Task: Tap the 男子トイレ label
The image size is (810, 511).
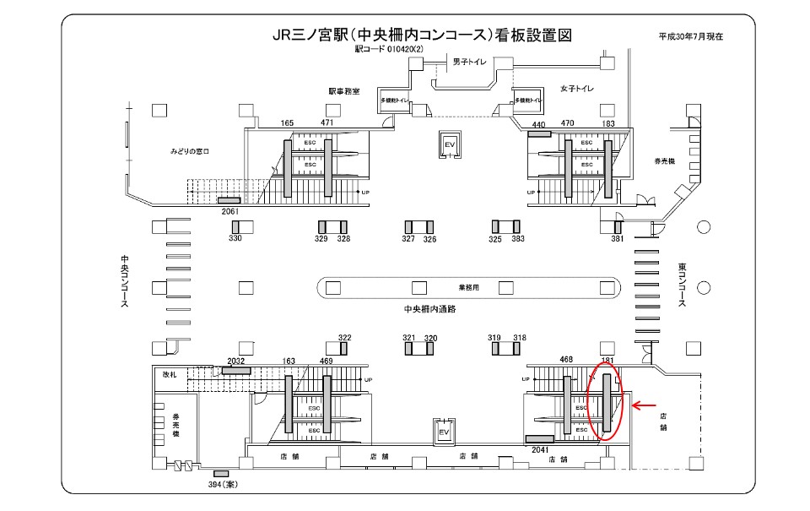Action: click(x=470, y=62)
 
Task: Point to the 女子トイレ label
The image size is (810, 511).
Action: click(x=577, y=89)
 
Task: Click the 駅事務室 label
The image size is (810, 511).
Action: click(x=344, y=90)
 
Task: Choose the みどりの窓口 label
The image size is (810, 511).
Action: click(x=189, y=151)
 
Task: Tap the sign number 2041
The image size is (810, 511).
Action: click(x=541, y=450)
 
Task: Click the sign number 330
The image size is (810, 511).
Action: click(x=235, y=239)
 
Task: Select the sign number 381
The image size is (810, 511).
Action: click(x=618, y=239)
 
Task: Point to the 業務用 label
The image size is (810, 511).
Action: click(x=469, y=287)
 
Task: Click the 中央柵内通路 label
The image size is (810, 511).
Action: click(x=430, y=309)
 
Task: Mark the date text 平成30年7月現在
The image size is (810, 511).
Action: click(x=691, y=36)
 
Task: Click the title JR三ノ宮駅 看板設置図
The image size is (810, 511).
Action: click(x=423, y=35)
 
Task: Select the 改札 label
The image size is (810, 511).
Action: click(x=170, y=372)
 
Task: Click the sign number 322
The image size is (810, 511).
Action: click(x=344, y=338)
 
